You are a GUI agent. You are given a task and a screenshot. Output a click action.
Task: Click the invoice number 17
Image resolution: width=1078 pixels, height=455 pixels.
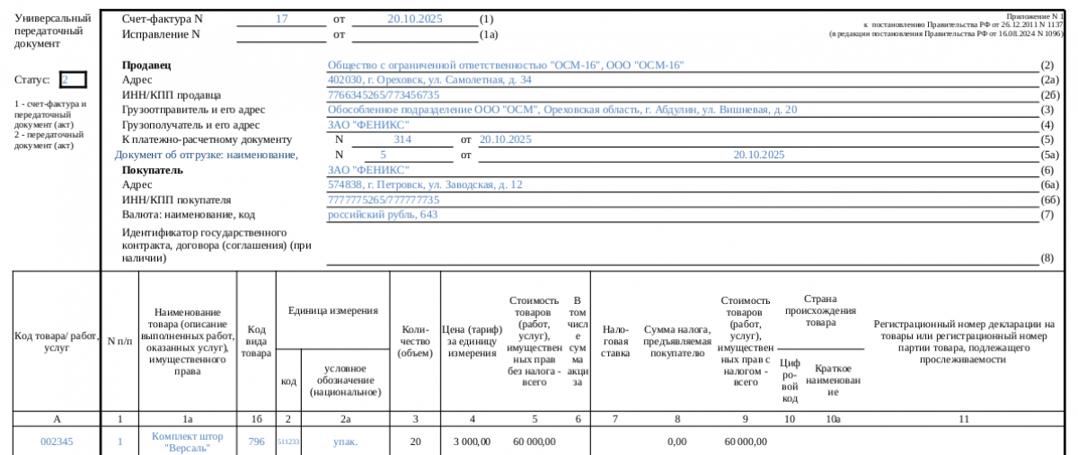(281, 18)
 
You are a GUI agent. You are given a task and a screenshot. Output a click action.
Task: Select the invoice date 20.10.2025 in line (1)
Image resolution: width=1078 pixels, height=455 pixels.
(415, 18)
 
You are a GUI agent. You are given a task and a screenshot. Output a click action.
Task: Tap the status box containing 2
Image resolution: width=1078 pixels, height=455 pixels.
(73, 80)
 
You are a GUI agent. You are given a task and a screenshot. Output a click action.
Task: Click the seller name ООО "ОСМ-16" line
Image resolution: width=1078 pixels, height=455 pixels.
(506, 66)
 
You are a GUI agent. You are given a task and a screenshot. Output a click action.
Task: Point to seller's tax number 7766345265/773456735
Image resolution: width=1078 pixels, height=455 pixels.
(384, 95)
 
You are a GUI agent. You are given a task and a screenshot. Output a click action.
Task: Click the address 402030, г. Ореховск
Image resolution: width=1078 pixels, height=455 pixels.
(429, 80)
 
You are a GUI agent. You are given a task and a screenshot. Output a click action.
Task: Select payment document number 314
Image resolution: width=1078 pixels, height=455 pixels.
(402, 139)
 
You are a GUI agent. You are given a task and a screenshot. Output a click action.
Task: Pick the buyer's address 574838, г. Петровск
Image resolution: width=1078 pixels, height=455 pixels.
(425, 184)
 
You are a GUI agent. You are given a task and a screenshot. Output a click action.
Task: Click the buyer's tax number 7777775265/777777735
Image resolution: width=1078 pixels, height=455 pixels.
(384, 200)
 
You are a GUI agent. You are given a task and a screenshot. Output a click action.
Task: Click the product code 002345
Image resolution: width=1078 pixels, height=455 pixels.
(57, 442)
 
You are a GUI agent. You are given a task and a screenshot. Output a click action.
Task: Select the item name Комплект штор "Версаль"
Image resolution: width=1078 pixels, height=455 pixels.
(187, 442)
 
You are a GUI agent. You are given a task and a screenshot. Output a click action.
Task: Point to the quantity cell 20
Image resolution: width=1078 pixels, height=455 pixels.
(415, 442)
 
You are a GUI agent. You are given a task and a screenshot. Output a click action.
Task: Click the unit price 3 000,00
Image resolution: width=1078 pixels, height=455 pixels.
(472, 442)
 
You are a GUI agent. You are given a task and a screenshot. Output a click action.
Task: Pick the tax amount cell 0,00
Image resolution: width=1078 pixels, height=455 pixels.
(676, 442)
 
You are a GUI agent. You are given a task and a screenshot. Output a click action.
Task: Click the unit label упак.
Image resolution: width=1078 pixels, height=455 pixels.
(345, 442)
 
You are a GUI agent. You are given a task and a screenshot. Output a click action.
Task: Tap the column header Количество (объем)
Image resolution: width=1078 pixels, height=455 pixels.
(415, 341)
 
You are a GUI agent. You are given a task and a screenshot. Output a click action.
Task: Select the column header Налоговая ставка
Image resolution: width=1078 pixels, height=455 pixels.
(615, 341)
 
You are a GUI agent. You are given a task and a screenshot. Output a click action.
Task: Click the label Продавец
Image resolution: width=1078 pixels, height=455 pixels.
(146, 66)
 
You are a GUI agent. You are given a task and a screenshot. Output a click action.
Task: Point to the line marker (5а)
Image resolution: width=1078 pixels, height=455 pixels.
(1048, 155)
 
